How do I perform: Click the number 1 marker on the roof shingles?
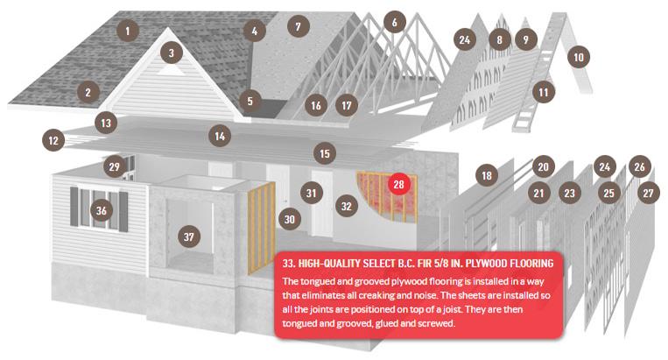point(127,31)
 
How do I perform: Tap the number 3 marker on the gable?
point(172,53)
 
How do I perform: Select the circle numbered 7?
point(299,27)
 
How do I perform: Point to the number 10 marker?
point(579,57)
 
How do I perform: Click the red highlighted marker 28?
point(398,184)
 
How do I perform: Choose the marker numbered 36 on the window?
point(102,210)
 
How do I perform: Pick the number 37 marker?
point(189,236)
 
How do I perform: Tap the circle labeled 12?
point(53,141)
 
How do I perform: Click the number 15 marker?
point(325,154)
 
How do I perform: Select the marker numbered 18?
point(487,175)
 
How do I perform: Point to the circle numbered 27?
point(649,193)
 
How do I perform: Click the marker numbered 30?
point(290,219)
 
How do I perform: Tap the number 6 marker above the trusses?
point(395,22)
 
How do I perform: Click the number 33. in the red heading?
point(288,264)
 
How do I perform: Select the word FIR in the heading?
point(425,264)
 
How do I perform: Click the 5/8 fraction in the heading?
point(441,264)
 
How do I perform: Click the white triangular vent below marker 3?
point(172,70)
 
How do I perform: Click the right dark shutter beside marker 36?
point(123,212)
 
